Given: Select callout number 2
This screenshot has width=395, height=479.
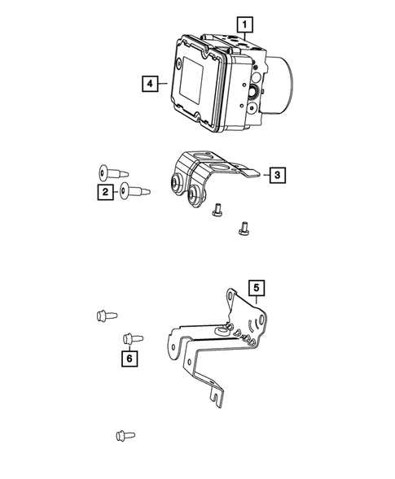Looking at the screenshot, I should click(105, 192).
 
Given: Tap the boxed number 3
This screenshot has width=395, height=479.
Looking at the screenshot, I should click(277, 174).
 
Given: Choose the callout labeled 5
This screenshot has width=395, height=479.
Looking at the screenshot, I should click(256, 287).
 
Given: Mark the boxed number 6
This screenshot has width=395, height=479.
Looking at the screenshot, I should click(128, 357).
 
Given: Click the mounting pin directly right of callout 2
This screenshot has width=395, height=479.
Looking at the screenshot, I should click(134, 192).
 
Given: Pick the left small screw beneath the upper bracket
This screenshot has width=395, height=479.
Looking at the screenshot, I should click(216, 211).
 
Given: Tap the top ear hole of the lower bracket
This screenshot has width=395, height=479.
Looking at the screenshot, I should click(231, 302).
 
